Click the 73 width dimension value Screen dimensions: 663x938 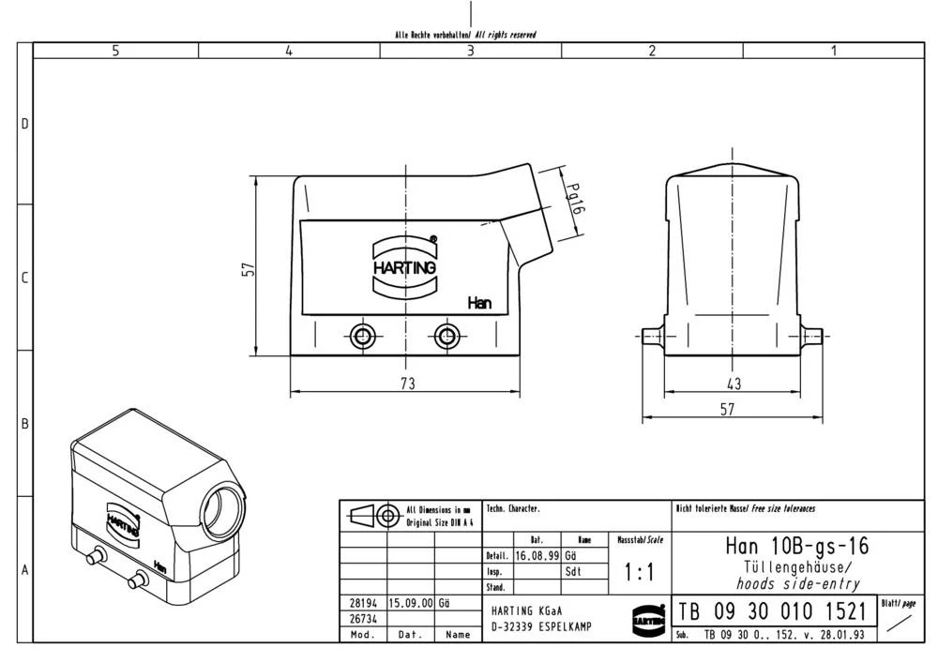(407, 383)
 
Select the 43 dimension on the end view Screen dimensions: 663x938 (734, 383)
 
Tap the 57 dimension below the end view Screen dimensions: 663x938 (727, 408)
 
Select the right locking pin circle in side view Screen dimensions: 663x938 (446, 337)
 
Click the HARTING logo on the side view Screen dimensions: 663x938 (405, 266)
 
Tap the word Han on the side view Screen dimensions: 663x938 (479, 303)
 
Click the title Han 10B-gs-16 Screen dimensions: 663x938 (796, 546)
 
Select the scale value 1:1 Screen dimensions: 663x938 (640, 571)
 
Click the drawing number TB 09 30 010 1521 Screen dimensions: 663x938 (771, 612)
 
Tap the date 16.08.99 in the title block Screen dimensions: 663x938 (537, 555)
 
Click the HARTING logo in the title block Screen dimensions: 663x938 (647, 618)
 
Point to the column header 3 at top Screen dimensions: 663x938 (471, 52)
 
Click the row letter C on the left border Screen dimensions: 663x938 (25, 279)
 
